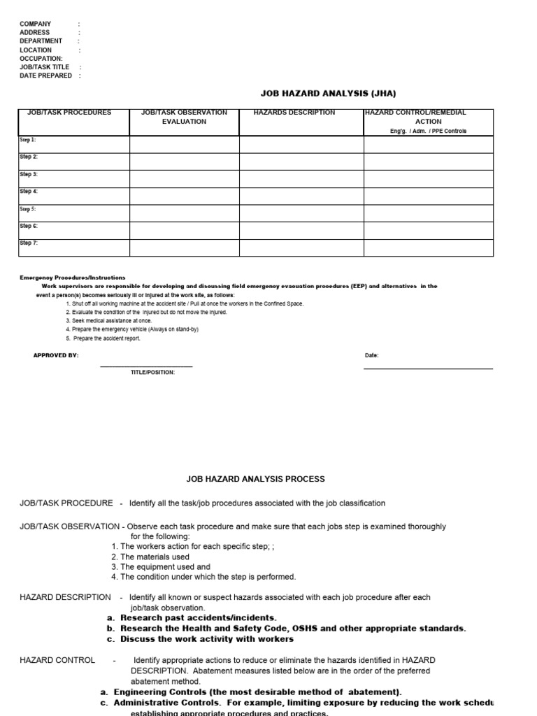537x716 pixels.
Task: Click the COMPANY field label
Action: click(36, 24)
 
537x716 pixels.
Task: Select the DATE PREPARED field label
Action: click(45, 76)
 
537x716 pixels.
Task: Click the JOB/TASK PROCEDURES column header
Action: click(69, 113)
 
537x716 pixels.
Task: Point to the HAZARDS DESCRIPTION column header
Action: click(294, 113)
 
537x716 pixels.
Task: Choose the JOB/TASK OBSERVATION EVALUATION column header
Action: click(184, 117)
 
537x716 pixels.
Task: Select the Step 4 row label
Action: click(28, 191)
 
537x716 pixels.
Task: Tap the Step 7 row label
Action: click(28, 243)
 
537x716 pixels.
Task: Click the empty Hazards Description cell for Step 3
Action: click(301, 179)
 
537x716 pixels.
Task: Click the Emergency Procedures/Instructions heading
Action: click(72, 278)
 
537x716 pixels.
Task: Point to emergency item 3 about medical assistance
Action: click(108, 321)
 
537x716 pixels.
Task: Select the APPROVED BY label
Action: click(56, 355)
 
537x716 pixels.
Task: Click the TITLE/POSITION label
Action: click(152, 372)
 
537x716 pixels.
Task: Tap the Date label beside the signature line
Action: click(371, 355)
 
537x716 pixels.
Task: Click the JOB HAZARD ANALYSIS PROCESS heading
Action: click(255, 479)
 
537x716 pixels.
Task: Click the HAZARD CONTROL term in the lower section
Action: click(57, 660)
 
